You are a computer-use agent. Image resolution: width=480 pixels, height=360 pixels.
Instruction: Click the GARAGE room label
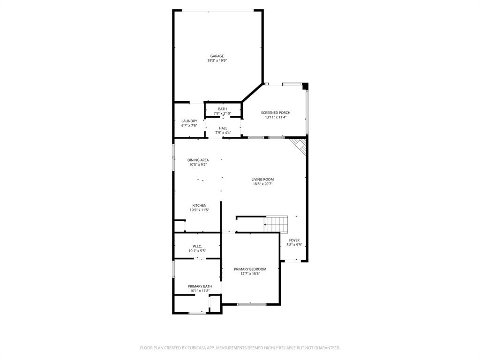pos(217,56)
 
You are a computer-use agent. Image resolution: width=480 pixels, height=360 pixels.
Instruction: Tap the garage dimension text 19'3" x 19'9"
pos(217,60)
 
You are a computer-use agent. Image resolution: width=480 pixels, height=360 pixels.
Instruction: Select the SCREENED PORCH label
pos(276,112)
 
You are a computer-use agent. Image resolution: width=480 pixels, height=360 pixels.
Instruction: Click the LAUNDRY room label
pos(189,121)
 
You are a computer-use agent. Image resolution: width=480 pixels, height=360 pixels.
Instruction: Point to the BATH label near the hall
pos(222,109)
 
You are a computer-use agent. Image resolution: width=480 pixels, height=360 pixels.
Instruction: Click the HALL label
pos(223,128)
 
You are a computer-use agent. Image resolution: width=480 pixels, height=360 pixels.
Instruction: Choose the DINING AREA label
pos(198,160)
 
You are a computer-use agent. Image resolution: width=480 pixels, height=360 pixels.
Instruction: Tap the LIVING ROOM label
pos(262,179)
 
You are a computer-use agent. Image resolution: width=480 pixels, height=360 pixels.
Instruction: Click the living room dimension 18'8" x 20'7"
pos(262,184)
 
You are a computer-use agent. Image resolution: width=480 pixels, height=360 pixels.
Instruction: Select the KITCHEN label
pos(199,205)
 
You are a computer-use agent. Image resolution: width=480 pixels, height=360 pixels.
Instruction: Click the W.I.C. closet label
pos(197,246)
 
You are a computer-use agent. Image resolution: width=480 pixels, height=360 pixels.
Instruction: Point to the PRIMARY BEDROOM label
pos(250,269)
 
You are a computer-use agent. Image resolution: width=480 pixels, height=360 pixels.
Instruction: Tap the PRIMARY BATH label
pos(200,286)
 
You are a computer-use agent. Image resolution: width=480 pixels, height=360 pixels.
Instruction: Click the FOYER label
pos(294,240)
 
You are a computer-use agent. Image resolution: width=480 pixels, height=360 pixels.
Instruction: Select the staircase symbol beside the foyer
pos(276,224)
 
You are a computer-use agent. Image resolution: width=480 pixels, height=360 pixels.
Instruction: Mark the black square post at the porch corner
pos(305,86)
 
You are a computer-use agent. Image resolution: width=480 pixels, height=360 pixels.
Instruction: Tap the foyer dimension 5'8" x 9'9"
pos(294,245)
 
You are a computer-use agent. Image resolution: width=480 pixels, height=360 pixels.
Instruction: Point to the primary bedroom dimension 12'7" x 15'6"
pos(250,274)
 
